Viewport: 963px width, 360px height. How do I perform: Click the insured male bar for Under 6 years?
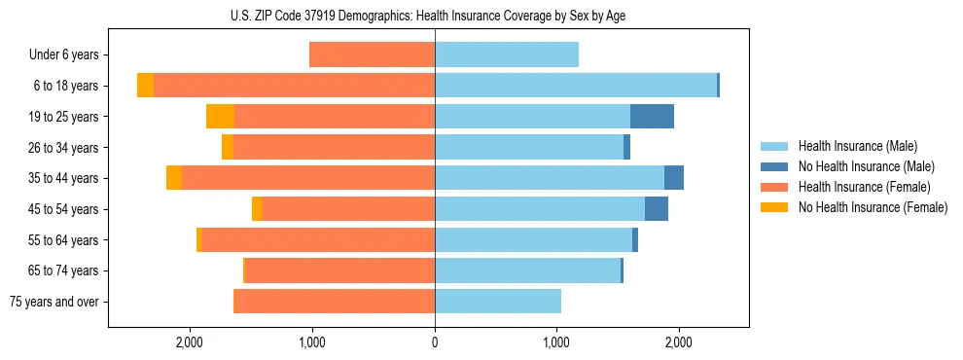506,55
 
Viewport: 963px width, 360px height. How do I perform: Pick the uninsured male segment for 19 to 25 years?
652,117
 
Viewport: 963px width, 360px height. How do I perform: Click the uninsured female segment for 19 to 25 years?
220,117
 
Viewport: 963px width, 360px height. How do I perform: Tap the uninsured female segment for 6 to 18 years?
145,86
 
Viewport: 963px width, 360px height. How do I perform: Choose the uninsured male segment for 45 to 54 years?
657,209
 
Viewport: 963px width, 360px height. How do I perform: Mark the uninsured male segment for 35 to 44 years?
674,178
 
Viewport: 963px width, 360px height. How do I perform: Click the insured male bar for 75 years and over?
497,302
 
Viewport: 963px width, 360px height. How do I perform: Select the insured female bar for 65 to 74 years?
339,270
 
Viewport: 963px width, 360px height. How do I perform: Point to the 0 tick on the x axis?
435,342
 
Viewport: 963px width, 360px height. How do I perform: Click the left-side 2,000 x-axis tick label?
190,342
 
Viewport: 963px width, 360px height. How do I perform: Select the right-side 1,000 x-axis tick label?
556,342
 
